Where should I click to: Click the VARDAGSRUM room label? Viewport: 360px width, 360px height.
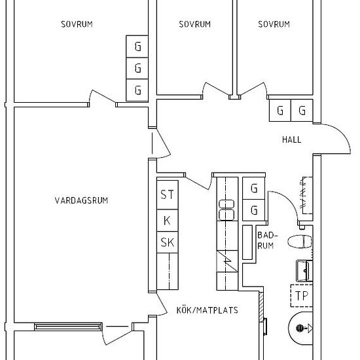click(x=81, y=201)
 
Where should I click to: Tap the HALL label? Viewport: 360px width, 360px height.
click(x=291, y=139)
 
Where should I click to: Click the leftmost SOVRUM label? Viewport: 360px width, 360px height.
click(x=77, y=25)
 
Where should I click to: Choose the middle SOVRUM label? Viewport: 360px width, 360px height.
click(x=194, y=25)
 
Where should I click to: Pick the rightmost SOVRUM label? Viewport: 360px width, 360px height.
click(x=274, y=25)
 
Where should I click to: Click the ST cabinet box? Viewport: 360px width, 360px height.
click(x=168, y=194)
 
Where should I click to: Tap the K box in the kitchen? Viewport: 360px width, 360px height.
click(x=168, y=220)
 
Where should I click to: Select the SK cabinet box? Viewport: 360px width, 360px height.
click(x=168, y=243)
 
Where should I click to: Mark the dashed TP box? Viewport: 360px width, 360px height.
click(x=302, y=295)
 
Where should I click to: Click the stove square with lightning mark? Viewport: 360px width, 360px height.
click(x=226, y=261)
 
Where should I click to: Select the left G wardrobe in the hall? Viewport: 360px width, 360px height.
click(x=279, y=111)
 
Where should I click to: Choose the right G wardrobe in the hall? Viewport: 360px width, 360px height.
click(x=302, y=111)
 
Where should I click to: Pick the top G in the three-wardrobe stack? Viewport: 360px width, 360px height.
click(x=137, y=46)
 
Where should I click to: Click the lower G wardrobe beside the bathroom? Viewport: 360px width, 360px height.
click(x=253, y=211)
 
